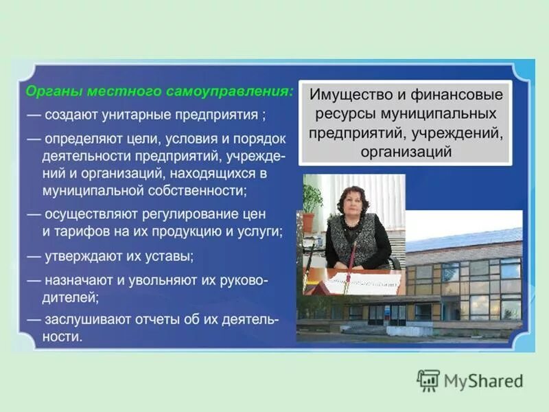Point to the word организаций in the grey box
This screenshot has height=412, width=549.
point(406,152)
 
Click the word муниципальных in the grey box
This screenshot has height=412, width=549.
point(439,113)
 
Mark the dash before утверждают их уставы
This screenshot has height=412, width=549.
point(34,256)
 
